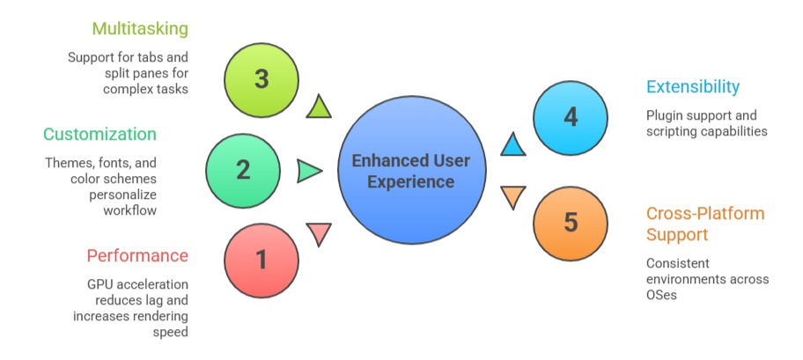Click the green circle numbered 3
[262, 78]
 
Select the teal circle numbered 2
[243, 170]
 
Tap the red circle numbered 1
[261, 260]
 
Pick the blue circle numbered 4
[571, 116]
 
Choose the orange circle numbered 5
[571, 222]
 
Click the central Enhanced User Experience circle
[410, 171]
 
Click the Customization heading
[99, 135]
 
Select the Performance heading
[137, 256]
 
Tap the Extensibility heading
[693, 87]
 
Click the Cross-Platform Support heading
[705, 224]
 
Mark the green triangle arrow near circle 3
[319, 107]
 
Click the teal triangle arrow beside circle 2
[309, 171]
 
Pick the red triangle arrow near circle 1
[319, 233]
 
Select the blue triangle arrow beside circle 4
[513, 143]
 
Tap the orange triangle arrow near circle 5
[512, 197]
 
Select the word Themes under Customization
[69, 163]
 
